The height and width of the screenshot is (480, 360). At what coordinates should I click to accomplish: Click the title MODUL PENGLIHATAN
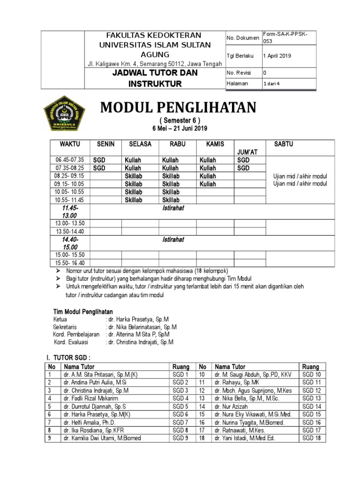coord(179,108)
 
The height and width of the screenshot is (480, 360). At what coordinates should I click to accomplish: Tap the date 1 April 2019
coord(277,55)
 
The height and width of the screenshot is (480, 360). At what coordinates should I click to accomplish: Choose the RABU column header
coord(177,144)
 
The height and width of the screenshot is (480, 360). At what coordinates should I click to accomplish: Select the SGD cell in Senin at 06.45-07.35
coord(99,160)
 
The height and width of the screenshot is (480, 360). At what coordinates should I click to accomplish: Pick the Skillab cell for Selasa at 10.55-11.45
coord(133,200)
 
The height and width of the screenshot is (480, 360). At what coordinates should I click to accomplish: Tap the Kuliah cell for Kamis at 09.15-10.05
coord(208,184)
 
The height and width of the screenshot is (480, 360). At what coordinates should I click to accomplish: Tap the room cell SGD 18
coord(311,438)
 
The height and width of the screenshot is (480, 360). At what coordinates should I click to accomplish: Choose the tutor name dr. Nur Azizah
coord(232,406)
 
